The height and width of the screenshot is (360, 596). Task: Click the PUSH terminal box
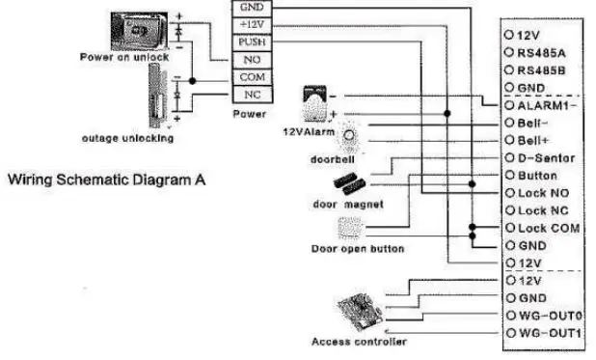pos(251,43)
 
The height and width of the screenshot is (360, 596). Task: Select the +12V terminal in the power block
pos(251,26)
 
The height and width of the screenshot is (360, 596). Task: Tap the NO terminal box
pos(251,60)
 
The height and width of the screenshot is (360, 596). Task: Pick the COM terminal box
pos(251,77)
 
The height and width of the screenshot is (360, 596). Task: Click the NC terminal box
pos(251,95)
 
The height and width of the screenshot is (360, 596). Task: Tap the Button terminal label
pos(538,176)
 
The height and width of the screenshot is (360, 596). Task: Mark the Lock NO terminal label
pos(541,193)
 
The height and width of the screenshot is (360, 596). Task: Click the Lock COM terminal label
pos(545,228)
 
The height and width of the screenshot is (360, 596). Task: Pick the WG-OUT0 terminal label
pos(546,316)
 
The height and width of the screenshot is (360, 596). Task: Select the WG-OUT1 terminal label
pos(546,333)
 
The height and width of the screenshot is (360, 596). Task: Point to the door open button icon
pos(348,229)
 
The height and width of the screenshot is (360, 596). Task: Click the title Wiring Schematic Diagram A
pos(107,180)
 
